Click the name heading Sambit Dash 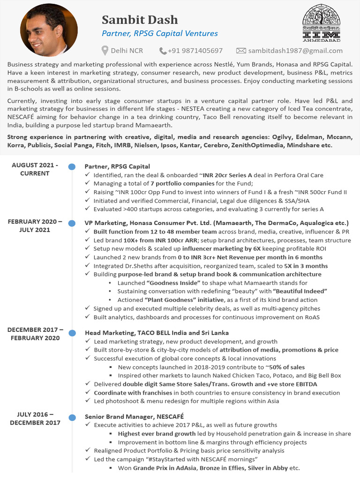pos(140,20)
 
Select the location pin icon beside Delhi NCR pos(105,51)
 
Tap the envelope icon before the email pos(241,51)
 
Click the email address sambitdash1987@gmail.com pos(295,51)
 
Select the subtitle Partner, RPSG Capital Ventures pos(160,33)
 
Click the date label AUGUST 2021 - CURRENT pos(35,169)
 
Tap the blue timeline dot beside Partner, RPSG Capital pos(72,167)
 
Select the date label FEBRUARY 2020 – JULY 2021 pos(35,225)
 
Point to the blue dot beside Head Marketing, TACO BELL pos(72,333)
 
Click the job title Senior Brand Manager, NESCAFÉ pos(134,416)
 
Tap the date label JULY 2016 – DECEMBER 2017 pos(35,419)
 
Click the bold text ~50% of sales pos(283,367)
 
